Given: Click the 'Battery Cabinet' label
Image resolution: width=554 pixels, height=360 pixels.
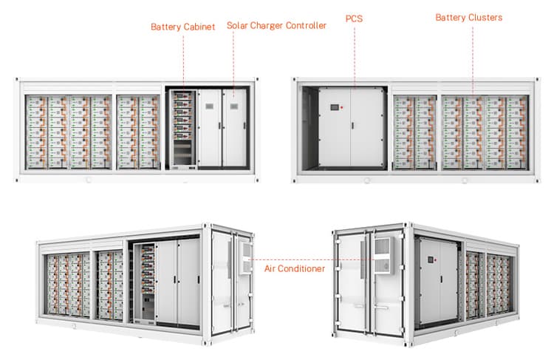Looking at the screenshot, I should point(182,27).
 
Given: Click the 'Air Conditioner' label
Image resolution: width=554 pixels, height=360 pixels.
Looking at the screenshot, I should point(294,269).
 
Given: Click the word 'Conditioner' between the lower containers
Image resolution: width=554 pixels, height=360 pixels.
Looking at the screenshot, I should point(304,269).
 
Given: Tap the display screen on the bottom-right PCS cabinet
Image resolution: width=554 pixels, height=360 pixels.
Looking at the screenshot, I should point(429,264).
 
